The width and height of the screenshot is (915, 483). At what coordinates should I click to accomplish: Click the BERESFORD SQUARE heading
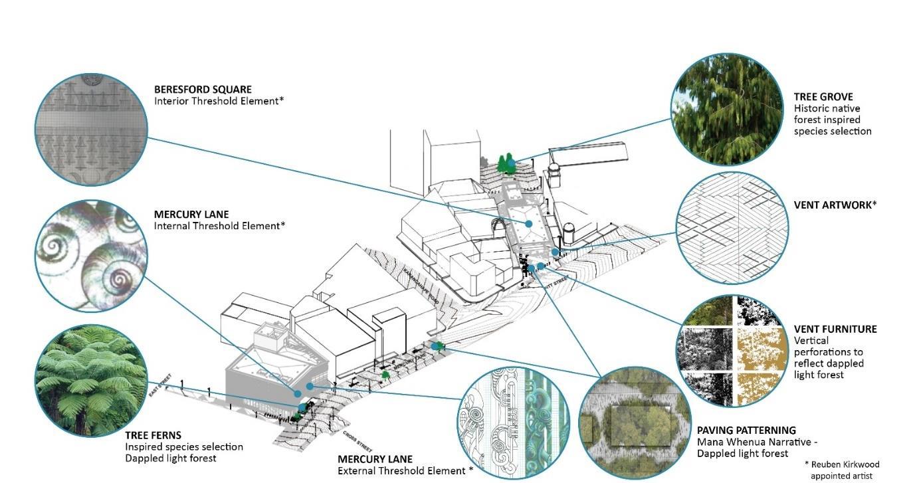pyautogui.click(x=203, y=89)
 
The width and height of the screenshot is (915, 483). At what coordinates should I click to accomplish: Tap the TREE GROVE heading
pyautogui.click(x=823, y=97)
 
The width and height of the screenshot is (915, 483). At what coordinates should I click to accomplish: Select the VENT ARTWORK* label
pyautogui.click(x=835, y=205)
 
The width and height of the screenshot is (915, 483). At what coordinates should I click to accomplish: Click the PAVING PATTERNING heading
pyautogui.click(x=746, y=431)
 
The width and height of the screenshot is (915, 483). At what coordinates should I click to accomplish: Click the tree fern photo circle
pyautogui.click(x=90, y=380)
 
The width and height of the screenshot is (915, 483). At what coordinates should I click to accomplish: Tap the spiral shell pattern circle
pyautogui.click(x=90, y=256)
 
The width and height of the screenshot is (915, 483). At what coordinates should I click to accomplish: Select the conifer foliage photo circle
pyautogui.click(x=726, y=110)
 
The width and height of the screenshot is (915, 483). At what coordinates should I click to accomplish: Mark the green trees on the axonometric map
pyautogui.click(x=507, y=162)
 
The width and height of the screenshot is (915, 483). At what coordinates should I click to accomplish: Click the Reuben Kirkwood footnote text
pyautogui.click(x=841, y=470)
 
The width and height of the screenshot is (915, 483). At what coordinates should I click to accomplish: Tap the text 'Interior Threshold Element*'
pyautogui.click(x=219, y=101)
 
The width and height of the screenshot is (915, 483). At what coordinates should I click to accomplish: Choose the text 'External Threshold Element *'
pyautogui.click(x=405, y=470)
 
